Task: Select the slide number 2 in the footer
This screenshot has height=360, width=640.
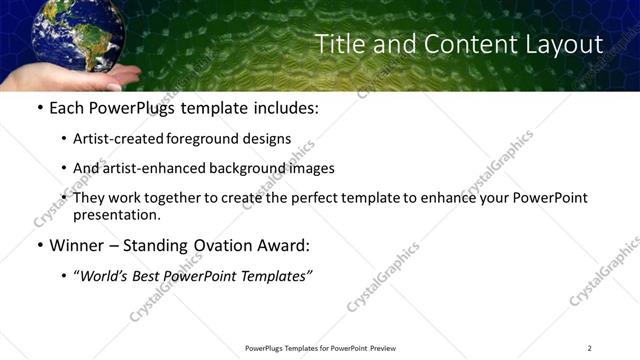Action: (x=589, y=348)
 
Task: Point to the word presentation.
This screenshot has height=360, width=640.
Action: (x=116, y=214)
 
